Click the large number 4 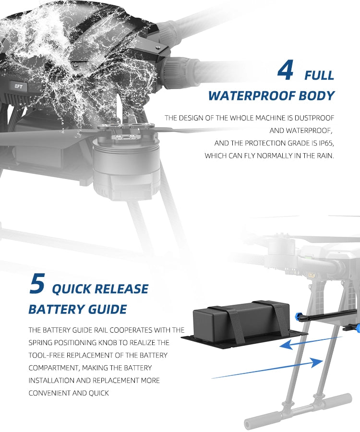click(x=286, y=71)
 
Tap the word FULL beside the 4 click(x=319, y=75)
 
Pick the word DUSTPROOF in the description click(x=314, y=118)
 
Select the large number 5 click(x=37, y=284)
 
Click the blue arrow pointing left click(x=307, y=341)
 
